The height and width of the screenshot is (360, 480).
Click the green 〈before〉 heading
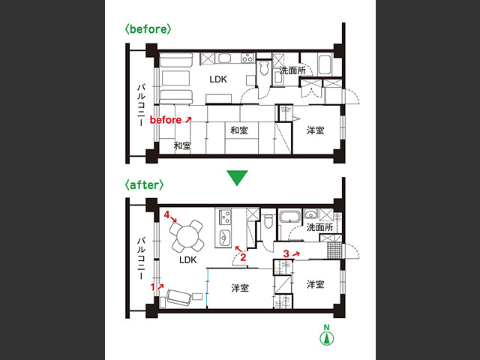click(x=148, y=29)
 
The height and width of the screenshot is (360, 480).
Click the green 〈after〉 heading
click(x=144, y=185)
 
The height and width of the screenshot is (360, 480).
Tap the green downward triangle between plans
click(x=237, y=178)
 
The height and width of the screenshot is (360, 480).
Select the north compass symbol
click(x=327, y=335)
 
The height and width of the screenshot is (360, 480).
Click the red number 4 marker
click(x=166, y=215)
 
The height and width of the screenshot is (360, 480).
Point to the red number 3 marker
click(x=286, y=253)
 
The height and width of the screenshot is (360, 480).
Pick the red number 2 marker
click(x=243, y=257)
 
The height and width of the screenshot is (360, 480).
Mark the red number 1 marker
click(x=153, y=287)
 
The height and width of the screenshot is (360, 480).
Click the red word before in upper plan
click(x=166, y=120)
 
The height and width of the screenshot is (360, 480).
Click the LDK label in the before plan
click(x=218, y=79)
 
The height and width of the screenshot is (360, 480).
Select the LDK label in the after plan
click(x=188, y=260)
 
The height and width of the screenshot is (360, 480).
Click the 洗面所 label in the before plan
click(x=292, y=70)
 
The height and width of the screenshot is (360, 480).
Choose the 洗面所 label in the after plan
click(x=319, y=227)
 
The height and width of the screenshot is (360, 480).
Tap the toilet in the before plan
click(x=264, y=67)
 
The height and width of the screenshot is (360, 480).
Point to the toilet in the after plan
click(x=268, y=221)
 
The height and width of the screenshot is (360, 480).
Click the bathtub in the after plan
click(x=289, y=217)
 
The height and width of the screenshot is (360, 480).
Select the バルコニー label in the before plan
click(x=141, y=105)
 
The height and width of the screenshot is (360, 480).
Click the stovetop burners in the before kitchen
click(x=247, y=58)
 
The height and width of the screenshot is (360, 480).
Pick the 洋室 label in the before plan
click(x=315, y=130)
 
